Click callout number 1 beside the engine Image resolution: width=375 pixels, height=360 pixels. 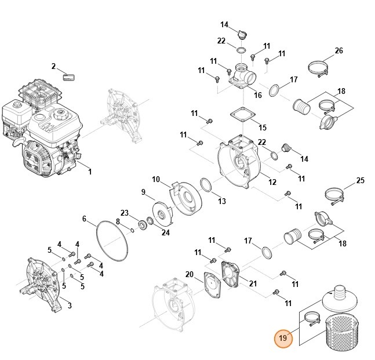[x=90, y=172]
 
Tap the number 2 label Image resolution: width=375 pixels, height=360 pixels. [x=53, y=66]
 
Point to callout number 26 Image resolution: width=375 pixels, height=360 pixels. [x=339, y=51]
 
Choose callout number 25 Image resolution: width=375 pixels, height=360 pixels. [x=360, y=181]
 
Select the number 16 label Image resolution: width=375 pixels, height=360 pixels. [x=258, y=95]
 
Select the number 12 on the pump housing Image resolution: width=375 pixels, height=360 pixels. [x=272, y=183]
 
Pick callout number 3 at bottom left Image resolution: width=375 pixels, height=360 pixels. [x=70, y=306]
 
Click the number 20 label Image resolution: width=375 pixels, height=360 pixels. [x=189, y=274]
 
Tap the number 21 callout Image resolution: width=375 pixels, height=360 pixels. [x=252, y=282]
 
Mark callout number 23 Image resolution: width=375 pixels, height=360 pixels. [x=125, y=213]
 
